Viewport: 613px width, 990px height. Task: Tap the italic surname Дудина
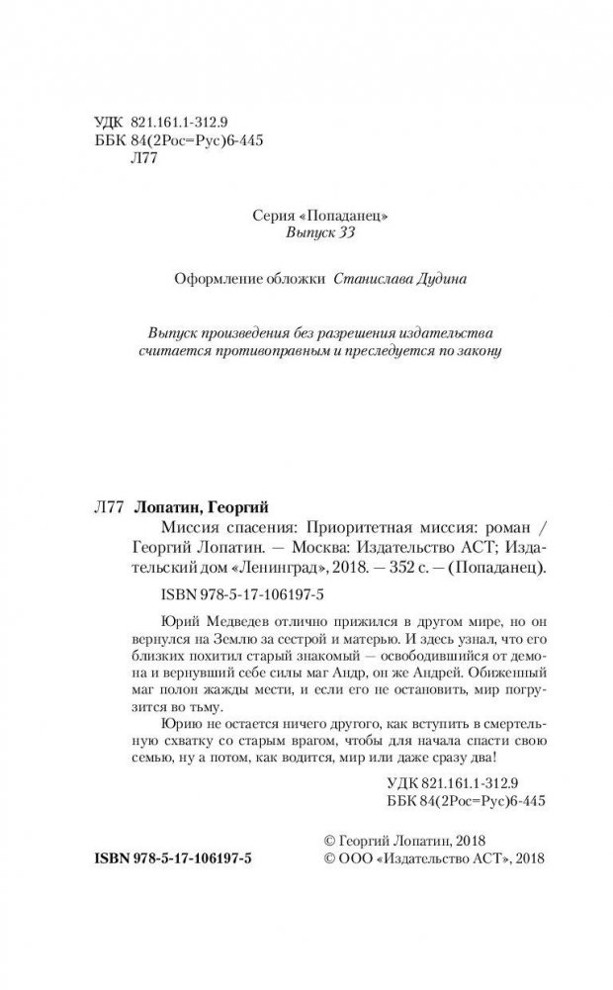pyautogui.click(x=438, y=280)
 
